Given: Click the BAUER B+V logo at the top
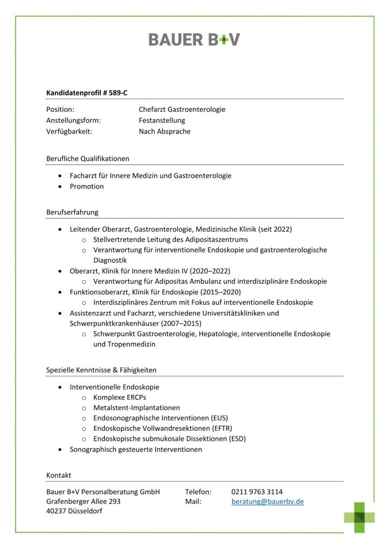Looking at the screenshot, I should (x=194, y=39).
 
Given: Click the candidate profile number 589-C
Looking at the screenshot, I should (x=115, y=93).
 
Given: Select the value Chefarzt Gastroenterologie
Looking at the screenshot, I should (x=182, y=110).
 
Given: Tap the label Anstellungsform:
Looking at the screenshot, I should (x=74, y=120).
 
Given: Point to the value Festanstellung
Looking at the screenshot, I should (x=162, y=120).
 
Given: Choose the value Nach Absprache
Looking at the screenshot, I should (x=164, y=132).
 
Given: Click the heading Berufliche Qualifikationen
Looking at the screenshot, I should (x=88, y=158).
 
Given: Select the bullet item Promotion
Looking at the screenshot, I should (x=87, y=186).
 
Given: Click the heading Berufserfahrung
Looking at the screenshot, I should (x=73, y=212).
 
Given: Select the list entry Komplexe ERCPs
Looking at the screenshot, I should (x=119, y=397).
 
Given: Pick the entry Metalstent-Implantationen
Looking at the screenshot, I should (x=136, y=408).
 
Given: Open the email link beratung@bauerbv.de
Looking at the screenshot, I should (x=268, y=501).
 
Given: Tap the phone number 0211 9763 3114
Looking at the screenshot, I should (x=257, y=491).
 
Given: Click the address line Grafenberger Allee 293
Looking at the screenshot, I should (x=83, y=501).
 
